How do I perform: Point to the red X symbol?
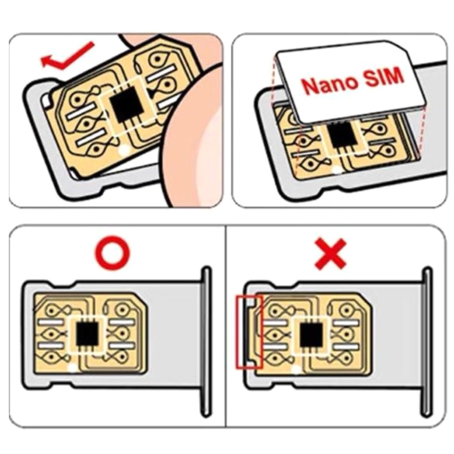[330, 254]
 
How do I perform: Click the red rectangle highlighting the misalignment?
[249, 332]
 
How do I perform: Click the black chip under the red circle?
[86, 333]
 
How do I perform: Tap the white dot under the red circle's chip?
[72, 368]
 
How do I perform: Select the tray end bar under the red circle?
[206, 342]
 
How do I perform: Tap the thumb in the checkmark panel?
[193, 136]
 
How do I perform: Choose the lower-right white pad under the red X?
[344, 347]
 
